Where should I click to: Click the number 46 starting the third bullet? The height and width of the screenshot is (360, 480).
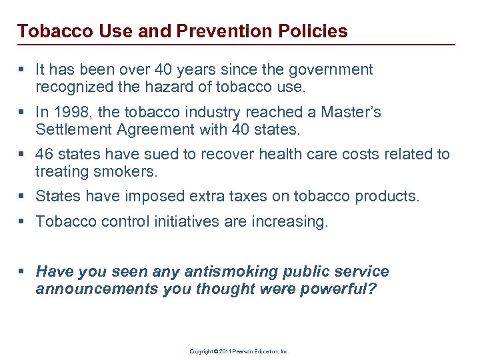[45, 155]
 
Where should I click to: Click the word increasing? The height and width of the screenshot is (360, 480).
[291, 222]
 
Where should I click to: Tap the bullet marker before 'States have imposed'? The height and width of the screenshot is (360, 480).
[23, 197]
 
